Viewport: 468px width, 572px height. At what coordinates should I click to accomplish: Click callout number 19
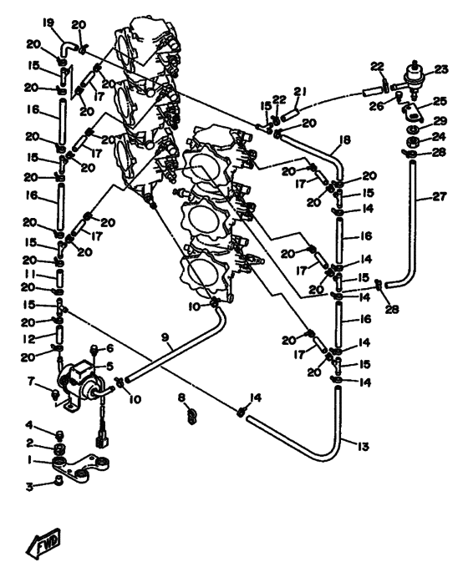coord(48,23)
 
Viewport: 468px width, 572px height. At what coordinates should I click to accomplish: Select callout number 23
coord(441,69)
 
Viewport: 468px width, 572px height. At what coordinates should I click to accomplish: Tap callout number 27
coord(440,197)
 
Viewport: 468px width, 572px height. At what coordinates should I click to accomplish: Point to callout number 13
coord(364,447)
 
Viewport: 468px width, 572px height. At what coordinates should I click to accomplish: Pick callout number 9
coord(165,337)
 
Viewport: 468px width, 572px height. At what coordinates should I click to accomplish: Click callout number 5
coord(109,366)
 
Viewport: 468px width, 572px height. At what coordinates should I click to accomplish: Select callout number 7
coord(31,382)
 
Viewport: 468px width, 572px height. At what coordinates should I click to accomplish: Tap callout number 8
coord(182,397)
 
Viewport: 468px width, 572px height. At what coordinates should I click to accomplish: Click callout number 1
coord(29,460)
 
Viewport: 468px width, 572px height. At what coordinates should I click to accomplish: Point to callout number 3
coord(29,486)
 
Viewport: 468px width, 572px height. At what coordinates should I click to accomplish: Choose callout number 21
coord(301,92)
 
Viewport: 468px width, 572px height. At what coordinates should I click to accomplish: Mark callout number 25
coord(440,101)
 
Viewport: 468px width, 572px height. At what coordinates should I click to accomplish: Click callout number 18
coord(344,139)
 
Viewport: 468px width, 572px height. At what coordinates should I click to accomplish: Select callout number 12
coord(28,339)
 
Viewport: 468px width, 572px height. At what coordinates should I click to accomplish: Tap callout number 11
coord(30,274)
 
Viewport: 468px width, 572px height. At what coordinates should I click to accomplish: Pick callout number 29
coord(440,121)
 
